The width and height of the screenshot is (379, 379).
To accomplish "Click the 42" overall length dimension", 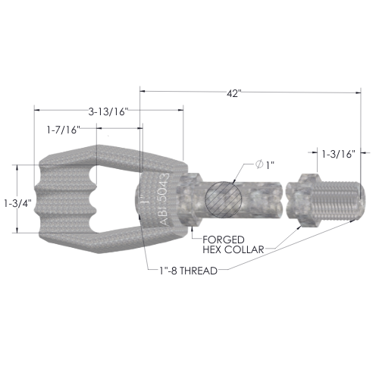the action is (x=233, y=94).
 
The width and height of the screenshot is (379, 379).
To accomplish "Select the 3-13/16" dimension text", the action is (x=108, y=111).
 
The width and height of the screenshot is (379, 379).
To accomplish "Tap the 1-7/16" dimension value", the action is (x=63, y=130).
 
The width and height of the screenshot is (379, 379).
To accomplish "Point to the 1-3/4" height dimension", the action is (x=17, y=203).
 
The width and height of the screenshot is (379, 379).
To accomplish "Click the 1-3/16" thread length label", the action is (x=339, y=154).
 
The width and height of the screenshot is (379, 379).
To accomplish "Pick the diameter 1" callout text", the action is (x=265, y=165).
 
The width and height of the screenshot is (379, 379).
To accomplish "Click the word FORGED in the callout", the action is (x=224, y=240).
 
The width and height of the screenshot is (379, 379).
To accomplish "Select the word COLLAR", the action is (x=244, y=249).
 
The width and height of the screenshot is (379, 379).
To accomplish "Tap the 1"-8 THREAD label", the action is (x=188, y=271).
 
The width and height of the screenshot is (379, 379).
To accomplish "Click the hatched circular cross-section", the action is (x=224, y=199).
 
